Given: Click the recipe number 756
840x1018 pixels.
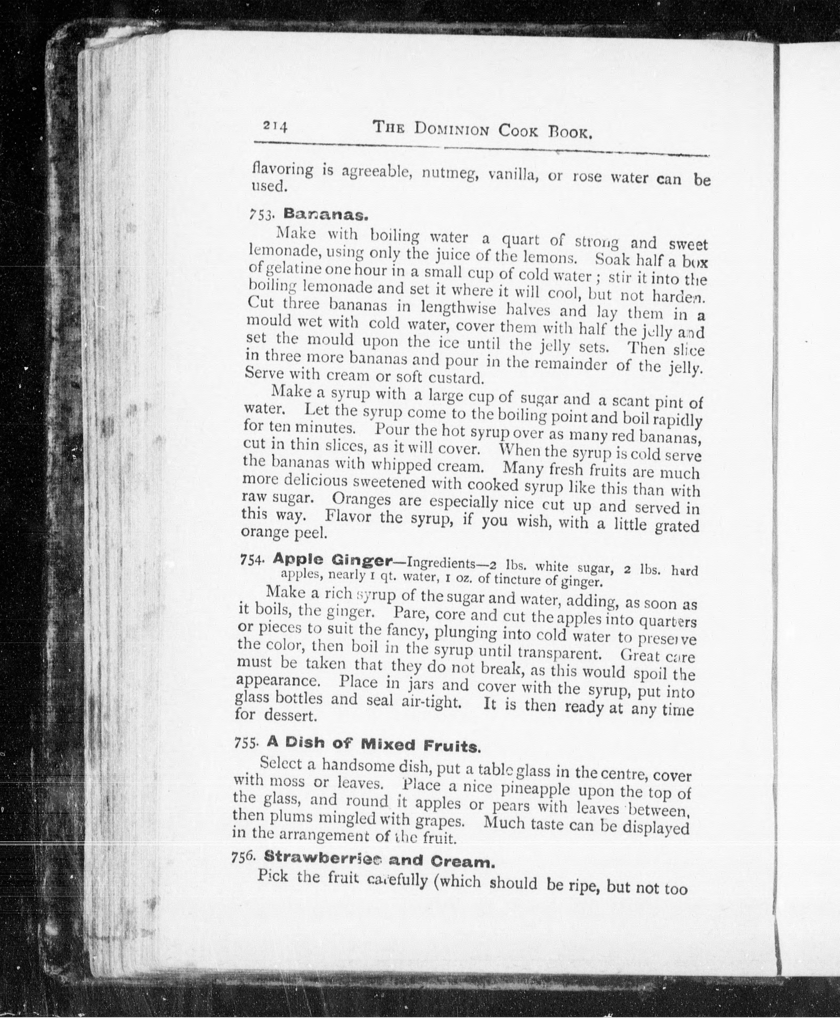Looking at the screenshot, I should point(243,857).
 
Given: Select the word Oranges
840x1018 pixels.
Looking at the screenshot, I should point(362,499).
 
